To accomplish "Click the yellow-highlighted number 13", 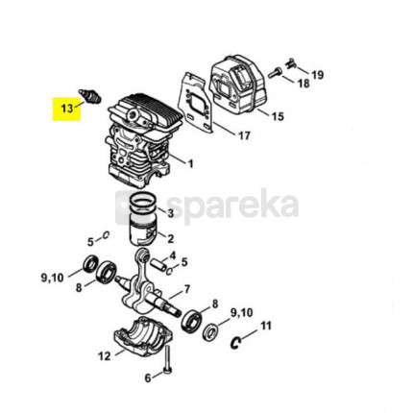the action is (x=67, y=109).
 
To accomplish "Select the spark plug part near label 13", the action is (x=90, y=95).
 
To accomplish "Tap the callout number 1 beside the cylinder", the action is (x=190, y=164).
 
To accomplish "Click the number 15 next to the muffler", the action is (x=278, y=116).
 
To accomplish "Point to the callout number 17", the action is (x=244, y=135).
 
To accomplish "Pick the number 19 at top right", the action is (x=318, y=75).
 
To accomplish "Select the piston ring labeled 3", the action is (x=143, y=205).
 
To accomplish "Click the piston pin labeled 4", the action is (x=158, y=264).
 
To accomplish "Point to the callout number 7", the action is (x=186, y=289).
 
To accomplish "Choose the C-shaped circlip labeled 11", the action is (x=235, y=343).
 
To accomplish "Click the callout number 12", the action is (x=105, y=356).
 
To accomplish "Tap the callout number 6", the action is (x=148, y=378).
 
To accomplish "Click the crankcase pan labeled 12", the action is (x=143, y=337).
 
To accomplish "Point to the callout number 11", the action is (x=266, y=326).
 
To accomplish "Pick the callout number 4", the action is (x=173, y=255).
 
